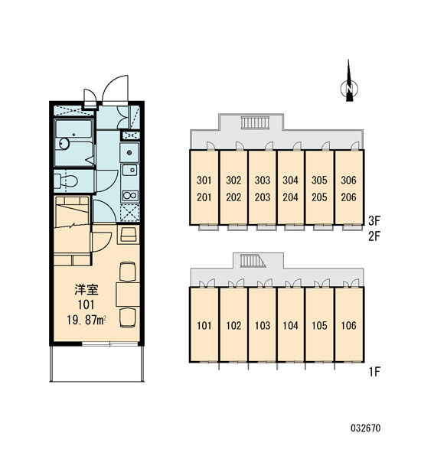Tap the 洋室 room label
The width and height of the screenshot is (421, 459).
tap(86, 290)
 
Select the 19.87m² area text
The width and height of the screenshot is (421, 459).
tap(86, 321)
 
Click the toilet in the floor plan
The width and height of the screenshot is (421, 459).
tap(66, 181)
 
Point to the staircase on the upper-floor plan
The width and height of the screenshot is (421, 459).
tap(255, 122)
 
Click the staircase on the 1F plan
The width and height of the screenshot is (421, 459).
tap(253, 261)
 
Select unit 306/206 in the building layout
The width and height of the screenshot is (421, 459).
tap(349, 187)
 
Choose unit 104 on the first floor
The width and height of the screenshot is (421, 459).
tap(291, 324)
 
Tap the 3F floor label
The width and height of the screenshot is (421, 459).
tap(374, 221)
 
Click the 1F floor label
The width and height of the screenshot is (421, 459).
tap(374, 372)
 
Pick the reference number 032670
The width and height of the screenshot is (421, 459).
tap(366, 428)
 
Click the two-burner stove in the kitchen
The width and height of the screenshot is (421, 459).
tap(130, 195)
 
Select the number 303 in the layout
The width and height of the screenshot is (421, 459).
tap(263, 180)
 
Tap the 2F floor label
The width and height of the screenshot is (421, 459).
tap(374, 236)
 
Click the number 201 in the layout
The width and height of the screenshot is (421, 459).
tap(204, 197)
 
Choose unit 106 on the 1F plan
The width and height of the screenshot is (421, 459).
tap(349, 324)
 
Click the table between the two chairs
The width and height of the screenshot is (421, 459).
tap(128, 295)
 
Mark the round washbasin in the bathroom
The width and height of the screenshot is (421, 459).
tap(64, 143)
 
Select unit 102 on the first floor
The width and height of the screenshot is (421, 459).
tap(233, 324)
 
